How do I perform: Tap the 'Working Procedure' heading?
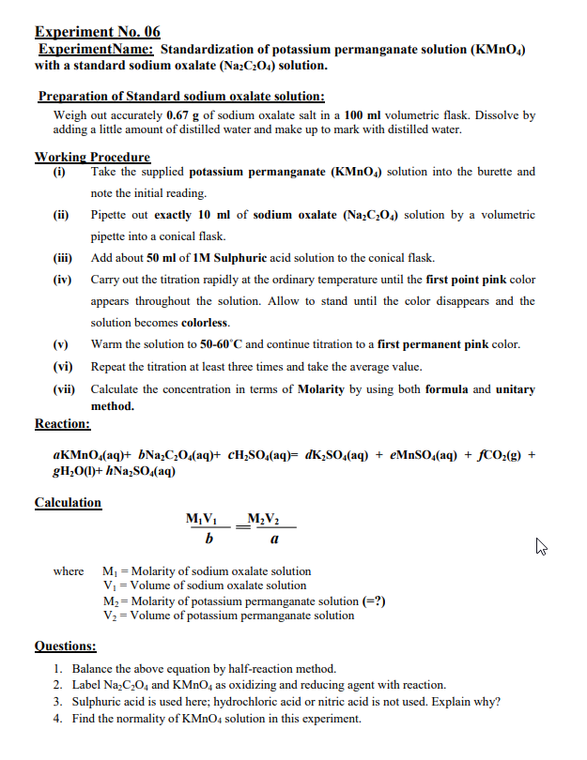(92, 157)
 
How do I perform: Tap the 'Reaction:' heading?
(62, 424)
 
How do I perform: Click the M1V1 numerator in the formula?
(203, 521)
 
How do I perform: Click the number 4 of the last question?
(58, 719)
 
